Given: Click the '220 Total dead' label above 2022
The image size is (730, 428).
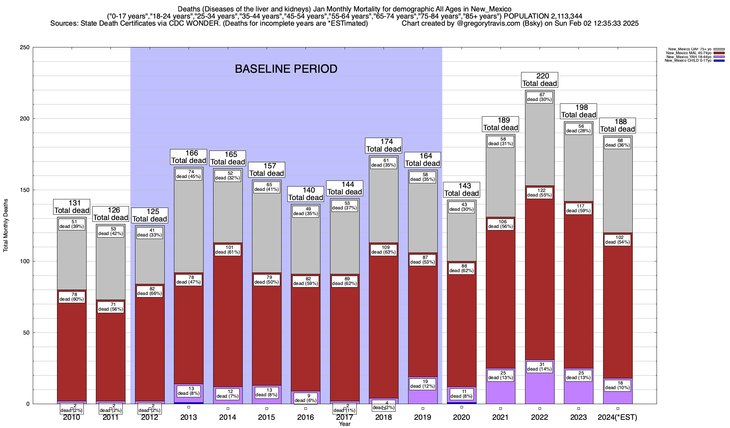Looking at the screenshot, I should (539, 80).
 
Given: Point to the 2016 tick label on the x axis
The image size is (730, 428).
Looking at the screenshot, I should (305, 417).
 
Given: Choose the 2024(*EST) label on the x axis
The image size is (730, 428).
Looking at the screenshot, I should (617, 417).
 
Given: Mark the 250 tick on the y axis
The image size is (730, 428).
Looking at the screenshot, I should (26, 47).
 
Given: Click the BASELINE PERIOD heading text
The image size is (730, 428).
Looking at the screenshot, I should (286, 69).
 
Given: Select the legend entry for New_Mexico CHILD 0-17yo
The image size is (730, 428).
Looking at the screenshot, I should (688, 61).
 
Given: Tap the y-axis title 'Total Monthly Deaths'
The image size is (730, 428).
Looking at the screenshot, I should (6, 225).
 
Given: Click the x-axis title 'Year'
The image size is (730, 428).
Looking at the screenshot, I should (345, 424).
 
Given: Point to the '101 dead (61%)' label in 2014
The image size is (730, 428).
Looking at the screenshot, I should (228, 250).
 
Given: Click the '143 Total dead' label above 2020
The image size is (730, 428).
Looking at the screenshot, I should (461, 190).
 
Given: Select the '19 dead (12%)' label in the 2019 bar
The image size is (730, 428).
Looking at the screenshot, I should (422, 384).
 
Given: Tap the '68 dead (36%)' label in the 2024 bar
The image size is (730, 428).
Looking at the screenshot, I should (617, 143).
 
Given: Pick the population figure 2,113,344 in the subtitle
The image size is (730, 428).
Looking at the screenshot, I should (562, 16).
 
